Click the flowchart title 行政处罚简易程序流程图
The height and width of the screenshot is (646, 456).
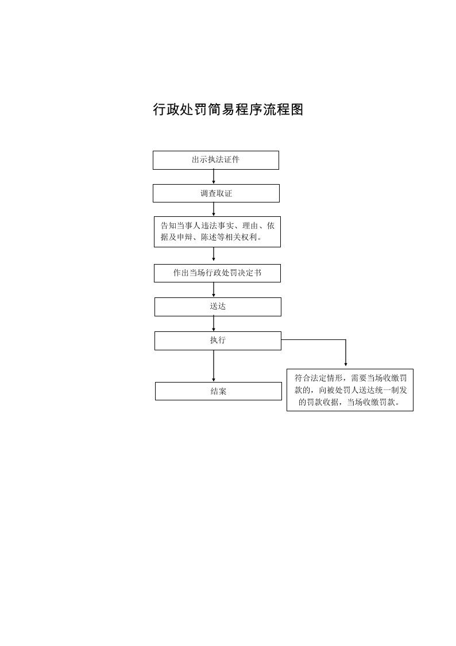click(228, 110)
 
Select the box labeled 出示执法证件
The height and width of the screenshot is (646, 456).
click(216, 160)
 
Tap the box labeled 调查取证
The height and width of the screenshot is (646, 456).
click(217, 193)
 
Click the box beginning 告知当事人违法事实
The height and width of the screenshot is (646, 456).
click(217, 232)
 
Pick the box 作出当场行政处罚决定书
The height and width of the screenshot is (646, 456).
click(217, 273)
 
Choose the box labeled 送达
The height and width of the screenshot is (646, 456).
click(218, 307)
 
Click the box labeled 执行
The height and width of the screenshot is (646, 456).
click(218, 341)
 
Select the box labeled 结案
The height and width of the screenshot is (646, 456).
click(218, 391)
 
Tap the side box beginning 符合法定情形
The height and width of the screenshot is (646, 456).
click(350, 390)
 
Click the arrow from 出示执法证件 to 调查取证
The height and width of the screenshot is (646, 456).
click(214, 177)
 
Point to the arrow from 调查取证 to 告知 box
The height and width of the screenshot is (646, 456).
click(214, 209)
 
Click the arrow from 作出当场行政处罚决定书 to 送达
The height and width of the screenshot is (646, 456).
click(214, 289)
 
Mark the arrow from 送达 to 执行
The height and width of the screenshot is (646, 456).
click(214, 324)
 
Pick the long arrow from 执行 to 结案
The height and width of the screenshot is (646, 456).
click(214, 366)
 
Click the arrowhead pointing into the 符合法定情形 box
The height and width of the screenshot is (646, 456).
click(346, 364)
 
